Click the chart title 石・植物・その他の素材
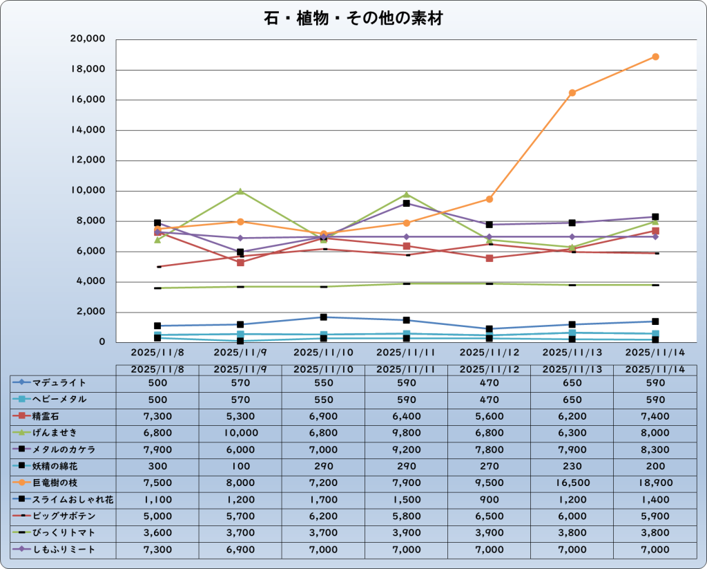tap(353, 19)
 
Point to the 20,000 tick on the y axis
tap(87, 39)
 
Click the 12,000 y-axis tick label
tap(87, 160)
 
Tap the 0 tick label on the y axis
tap(101, 342)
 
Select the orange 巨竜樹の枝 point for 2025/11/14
tap(655, 57)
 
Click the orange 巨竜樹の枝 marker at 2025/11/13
tap(572, 93)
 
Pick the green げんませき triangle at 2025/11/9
tap(240, 192)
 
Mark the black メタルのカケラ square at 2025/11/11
tap(407, 203)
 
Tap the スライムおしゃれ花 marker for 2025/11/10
tap(323, 317)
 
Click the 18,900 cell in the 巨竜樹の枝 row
tap(655, 483)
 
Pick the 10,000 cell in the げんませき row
tap(240, 432)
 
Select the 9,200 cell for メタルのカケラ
tap(407, 449)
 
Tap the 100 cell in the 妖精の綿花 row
tap(240, 466)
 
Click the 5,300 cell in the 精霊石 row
tap(240, 416)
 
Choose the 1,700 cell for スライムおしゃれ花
tap(323, 499)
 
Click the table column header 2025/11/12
tap(490, 369)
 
